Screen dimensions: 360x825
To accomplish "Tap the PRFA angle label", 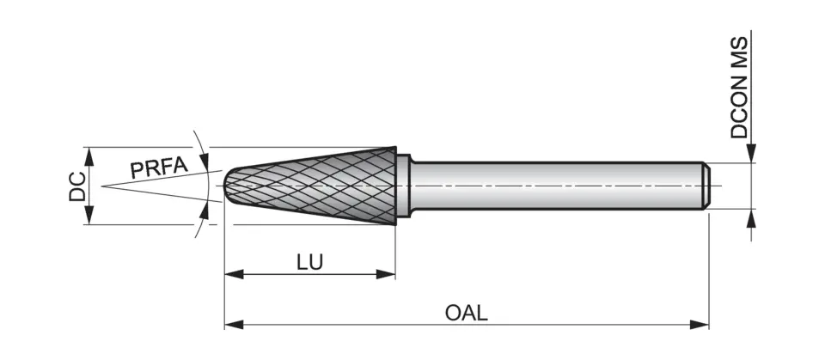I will pos(158,167).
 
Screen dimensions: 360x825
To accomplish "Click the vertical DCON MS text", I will pos(739,87).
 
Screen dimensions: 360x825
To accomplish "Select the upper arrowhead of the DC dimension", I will pos(89,154).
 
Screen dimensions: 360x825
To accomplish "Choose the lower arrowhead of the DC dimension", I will pos(89,217).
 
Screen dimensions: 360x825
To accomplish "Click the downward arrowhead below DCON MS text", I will pos(751,154).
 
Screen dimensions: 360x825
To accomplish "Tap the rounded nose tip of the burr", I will pos(228,186).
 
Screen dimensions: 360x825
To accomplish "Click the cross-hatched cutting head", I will pos(318,186).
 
